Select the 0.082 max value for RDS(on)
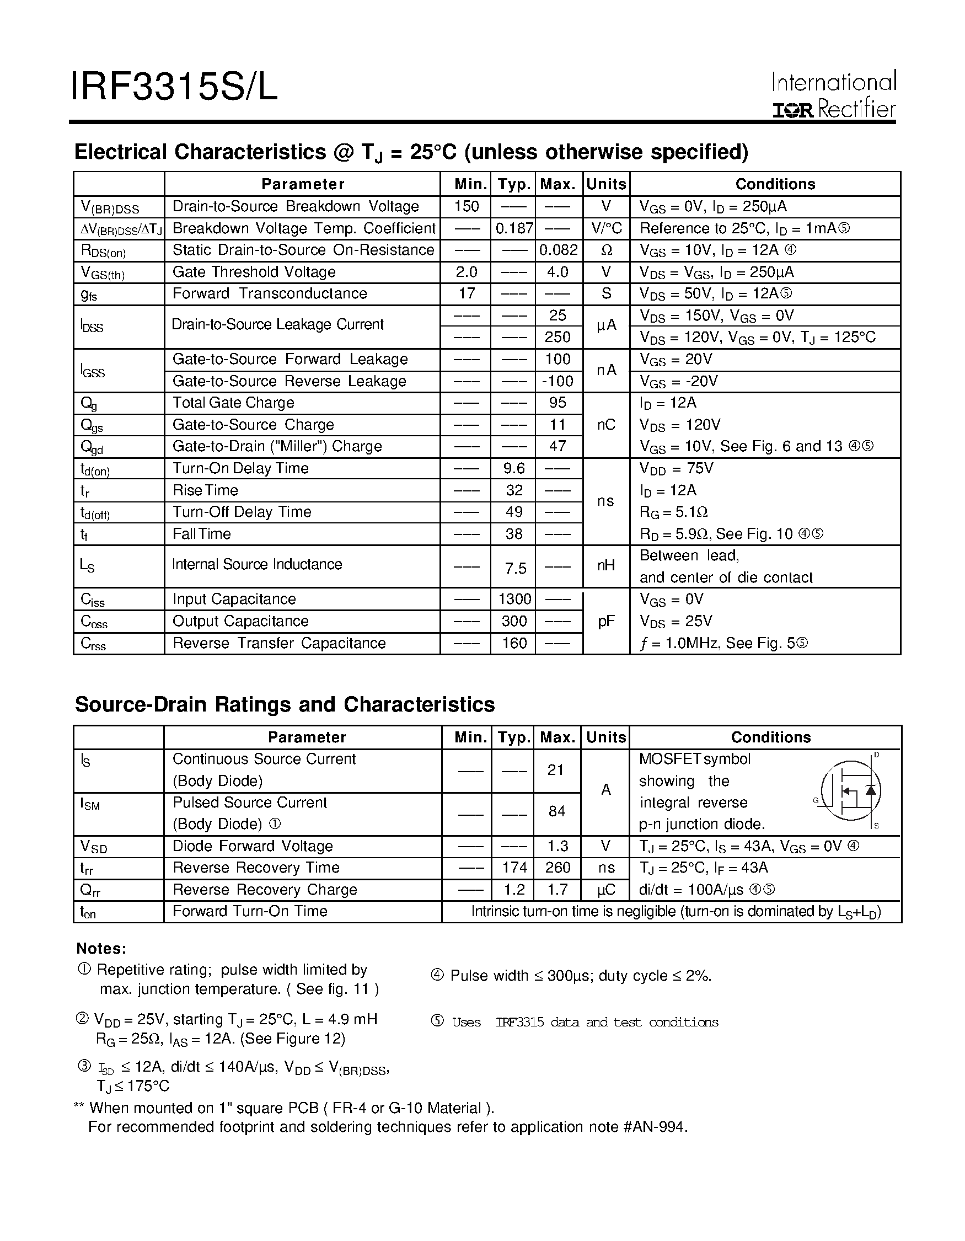[559, 250]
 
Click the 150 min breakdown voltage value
[467, 206]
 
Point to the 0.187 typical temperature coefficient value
[513, 228]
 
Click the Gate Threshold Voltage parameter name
[254, 272]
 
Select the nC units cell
[606, 425]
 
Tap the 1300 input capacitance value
[514, 600]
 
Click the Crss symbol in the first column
[93, 644]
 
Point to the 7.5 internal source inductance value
[515, 569]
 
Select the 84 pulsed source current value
[556, 811]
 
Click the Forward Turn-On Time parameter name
[250, 911]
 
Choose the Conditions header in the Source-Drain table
[770, 737]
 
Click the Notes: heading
[101, 949]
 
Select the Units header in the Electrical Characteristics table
[606, 184]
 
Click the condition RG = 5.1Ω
[674, 512]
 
